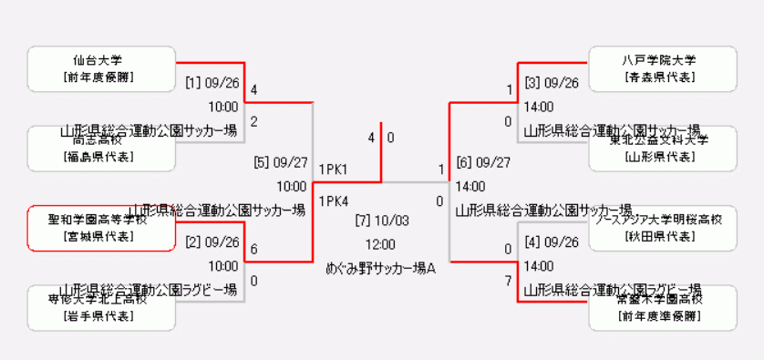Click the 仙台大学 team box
(101, 69)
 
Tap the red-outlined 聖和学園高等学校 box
(101, 228)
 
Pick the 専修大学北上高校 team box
(101, 307)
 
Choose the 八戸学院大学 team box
(663, 69)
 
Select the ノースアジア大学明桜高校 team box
(663, 228)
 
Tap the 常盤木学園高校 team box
(663, 307)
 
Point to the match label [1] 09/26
(212, 83)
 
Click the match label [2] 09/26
(212, 242)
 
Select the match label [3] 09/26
(552, 83)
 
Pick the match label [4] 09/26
(552, 242)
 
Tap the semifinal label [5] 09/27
(280, 162)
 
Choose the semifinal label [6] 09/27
(483, 162)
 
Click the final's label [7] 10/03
(381, 220)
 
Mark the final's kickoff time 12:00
(381, 244)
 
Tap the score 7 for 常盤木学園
(509, 281)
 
